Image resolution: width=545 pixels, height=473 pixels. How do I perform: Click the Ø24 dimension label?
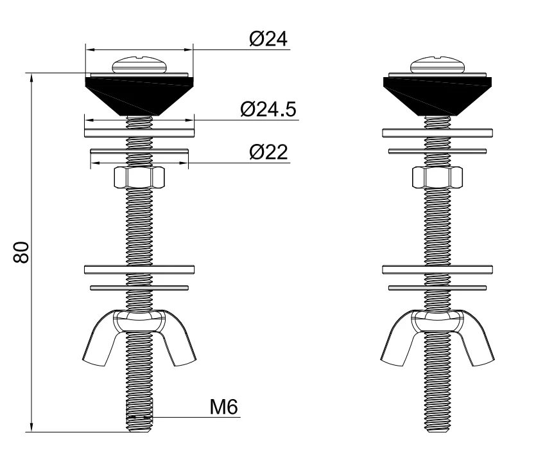coord(268,39)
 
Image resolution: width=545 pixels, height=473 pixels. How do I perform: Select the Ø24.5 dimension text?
coord(268,109)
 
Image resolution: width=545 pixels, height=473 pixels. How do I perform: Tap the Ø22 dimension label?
coord(269,152)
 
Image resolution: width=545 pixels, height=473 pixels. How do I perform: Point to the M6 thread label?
coord(224,407)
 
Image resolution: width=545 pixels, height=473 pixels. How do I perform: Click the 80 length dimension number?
coord(21,253)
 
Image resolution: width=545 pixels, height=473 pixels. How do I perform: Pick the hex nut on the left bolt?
coord(139,177)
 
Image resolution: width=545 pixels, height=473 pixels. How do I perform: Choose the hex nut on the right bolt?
coord(437,177)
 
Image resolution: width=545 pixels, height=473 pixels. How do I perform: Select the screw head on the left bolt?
coord(140,64)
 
